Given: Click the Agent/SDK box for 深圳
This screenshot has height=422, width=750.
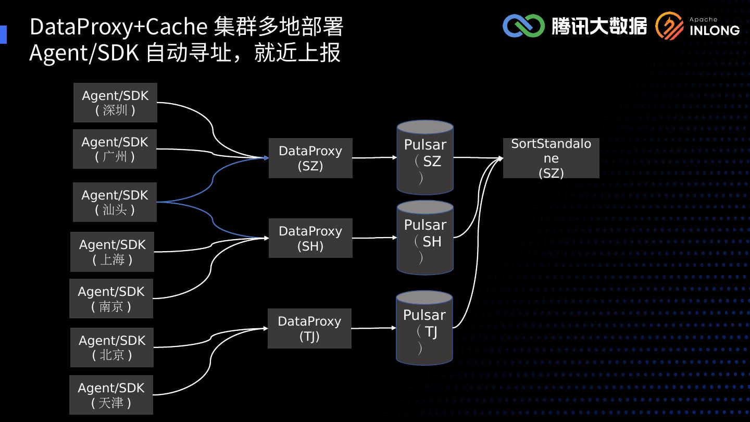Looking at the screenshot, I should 115,103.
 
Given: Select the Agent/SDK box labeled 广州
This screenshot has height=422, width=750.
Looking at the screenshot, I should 115,149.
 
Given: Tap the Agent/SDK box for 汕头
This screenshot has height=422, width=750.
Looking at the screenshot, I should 115,202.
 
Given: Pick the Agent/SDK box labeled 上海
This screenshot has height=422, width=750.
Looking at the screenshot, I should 112,252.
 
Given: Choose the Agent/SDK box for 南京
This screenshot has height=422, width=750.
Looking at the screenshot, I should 111,299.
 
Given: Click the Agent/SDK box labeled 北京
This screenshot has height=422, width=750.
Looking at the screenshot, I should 112,347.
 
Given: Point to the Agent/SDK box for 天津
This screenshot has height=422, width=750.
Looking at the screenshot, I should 111,395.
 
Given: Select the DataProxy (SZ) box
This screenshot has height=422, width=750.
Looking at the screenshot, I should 310,158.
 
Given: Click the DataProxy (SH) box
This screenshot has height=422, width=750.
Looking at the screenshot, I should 310,238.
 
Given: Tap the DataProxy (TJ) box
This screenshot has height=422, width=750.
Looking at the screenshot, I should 309,328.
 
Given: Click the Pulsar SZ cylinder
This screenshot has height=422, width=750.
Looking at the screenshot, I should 425,158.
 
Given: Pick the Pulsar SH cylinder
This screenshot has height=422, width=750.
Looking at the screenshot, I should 425,238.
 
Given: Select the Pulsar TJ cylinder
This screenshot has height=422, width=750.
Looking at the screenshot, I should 424,328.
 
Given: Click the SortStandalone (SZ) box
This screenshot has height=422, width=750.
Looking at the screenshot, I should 551,158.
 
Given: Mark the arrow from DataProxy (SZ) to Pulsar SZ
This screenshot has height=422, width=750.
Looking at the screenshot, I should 374,157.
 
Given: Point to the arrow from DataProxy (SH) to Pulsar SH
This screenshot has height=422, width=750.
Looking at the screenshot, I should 374,238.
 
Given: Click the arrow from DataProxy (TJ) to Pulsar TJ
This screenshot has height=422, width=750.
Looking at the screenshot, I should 373,328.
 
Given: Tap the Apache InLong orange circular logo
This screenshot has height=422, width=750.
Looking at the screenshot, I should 669,26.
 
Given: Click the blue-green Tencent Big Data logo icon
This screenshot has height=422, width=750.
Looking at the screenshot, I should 523,26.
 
